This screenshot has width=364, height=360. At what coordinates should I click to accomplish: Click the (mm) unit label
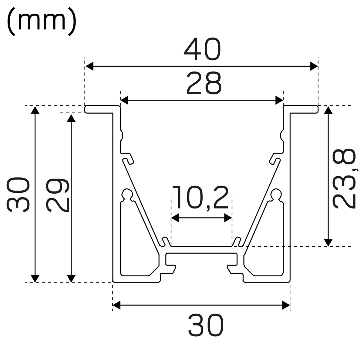point(42,21)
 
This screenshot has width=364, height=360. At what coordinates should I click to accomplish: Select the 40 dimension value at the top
point(202,49)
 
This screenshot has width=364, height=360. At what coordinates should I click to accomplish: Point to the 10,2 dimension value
point(201,198)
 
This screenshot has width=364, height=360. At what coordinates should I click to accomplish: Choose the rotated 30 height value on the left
point(18,195)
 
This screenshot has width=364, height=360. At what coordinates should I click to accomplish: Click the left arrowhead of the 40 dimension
point(89,66)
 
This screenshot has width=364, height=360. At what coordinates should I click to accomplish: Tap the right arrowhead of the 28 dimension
point(279,100)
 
